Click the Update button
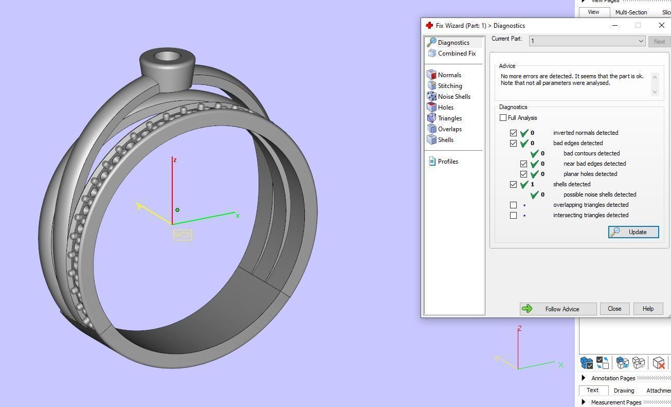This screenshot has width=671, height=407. coord(633,232)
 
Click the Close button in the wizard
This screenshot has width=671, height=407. coord(614,309)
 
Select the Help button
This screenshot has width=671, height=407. coord(647,309)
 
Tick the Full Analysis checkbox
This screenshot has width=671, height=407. coord(503,118)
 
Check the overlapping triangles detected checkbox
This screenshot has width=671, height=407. coord(513,205)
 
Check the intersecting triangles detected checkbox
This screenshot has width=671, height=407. coord(513,215)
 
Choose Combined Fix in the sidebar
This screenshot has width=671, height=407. coord(456,54)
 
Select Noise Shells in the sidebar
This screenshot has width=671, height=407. coord(454,97)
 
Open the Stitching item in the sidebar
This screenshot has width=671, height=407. coord(449,86)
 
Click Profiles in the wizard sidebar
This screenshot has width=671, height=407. coord(447,162)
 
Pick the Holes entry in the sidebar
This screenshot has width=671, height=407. coord(445,108)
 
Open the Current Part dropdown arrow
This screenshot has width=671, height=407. coord(641,41)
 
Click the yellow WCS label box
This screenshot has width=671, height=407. coord(182,235)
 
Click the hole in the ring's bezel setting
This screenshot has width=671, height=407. coord(167,57)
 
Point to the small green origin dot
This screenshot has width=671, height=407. coord(177,210)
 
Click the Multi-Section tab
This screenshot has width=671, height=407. coord(630,12)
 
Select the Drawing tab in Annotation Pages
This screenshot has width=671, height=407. coord(623,391)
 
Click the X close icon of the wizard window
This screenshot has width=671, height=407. coord(661,25)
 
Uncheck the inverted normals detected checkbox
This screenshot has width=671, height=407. coord(513,133)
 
